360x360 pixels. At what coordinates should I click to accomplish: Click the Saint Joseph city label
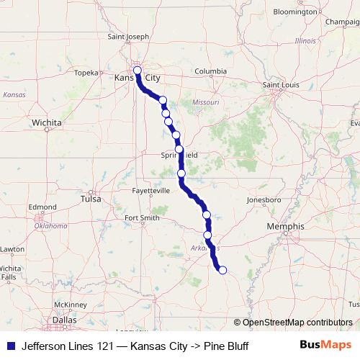(x=128, y=37)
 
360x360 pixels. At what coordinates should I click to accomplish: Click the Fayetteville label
(x=150, y=191)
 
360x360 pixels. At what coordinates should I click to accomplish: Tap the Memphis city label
(x=285, y=226)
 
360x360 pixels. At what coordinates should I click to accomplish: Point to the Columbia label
(x=210, y=71)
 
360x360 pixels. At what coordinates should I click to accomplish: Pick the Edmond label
(x=42, y=207)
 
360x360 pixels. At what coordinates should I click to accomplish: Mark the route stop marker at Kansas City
(x=138, y=71)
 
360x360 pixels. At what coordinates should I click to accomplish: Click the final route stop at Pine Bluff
(x=222, y=270)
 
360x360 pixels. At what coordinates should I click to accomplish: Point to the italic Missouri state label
(x=205, y=103)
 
